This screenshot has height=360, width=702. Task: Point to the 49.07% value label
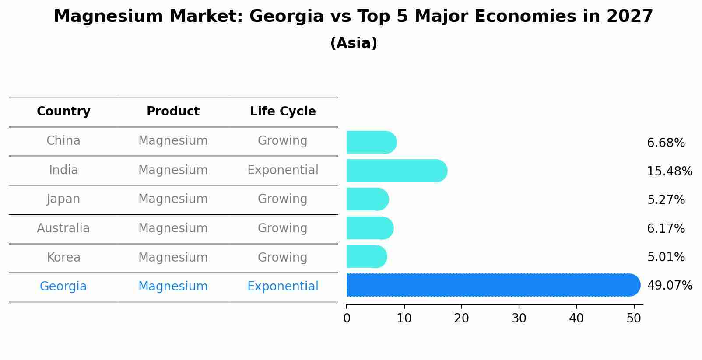pyautogui.click(x=670, y=286)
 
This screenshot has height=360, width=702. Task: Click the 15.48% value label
pyautogui.click(x=670, y=171)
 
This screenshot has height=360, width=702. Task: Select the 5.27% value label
pyautogui.click(x=666, y=200)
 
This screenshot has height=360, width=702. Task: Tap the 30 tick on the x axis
pyautogui.click(x=519, y=318)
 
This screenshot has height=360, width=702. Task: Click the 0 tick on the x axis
pyautogui.click(x=347, y=318)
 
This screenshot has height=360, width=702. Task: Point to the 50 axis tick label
pyautogui.click(x=634, y=318)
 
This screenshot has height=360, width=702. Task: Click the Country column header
pyautogui.click(x=63, y=112)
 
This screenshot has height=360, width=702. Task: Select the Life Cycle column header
pyautogui.click(x=283, y=112)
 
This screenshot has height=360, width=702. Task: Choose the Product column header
pyautogui.click(x=173, y=112)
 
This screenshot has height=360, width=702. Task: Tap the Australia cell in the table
pyautogui.click(x=63, y=228)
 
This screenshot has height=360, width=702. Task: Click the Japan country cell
pyautogui.click(x=63, y=199)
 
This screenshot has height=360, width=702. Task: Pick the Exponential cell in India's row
pyautogui.click(x=283, y=170)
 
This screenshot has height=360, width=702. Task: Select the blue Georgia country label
pyautogui.click(x=63, y=287)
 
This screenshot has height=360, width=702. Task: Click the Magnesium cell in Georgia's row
pyautogui.click(x=173, y=287)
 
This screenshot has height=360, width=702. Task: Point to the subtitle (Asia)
pyautogui.click(x=354, y=43)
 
